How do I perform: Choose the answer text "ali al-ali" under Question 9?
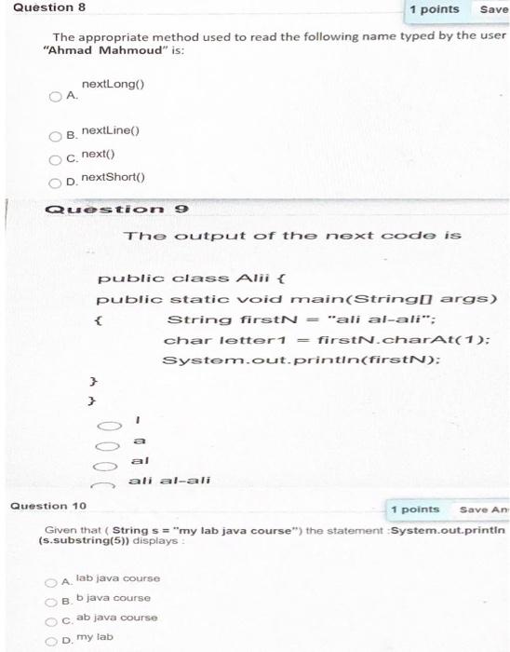tap(168, 481)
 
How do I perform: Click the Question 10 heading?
tap(47, 506)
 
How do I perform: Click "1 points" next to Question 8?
tap(434, 9)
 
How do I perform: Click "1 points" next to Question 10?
tap(414, 509)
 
